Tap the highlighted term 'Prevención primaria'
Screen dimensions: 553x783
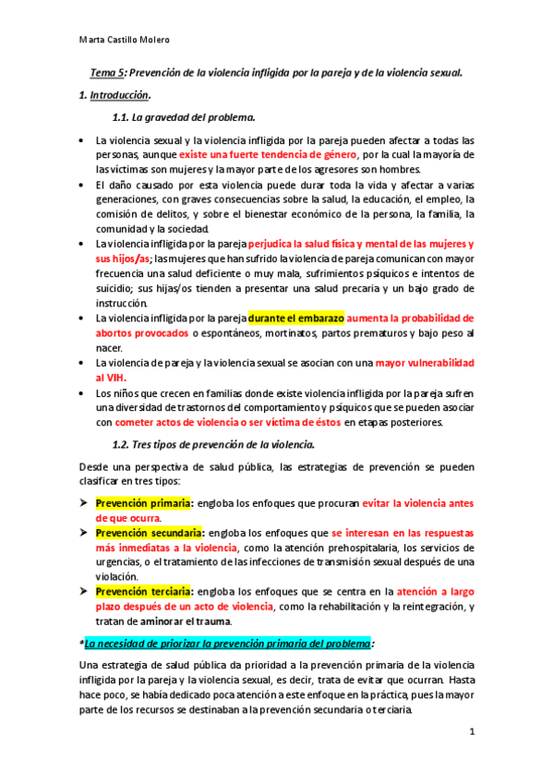[143, 503]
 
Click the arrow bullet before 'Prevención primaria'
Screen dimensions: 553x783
[83, 503]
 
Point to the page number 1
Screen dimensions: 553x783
[471, 732]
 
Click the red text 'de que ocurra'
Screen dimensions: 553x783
[130, 518]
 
